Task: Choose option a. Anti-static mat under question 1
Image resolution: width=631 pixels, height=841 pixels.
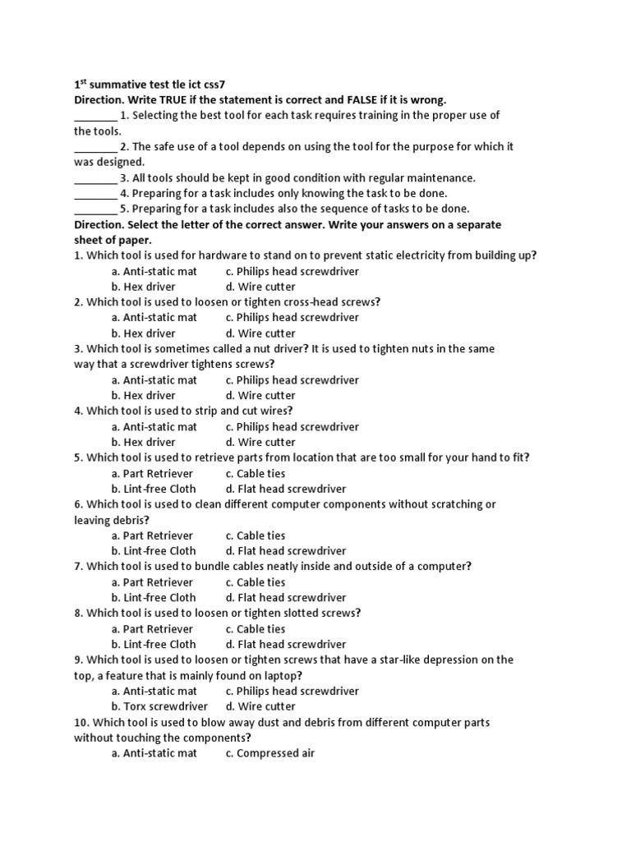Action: coord(154,272)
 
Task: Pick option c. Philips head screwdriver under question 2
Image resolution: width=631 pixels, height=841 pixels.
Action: coord(292,318)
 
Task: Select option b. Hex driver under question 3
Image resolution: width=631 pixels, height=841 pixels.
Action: coord(143,396)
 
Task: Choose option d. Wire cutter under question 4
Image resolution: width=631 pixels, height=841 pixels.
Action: coord(260,443)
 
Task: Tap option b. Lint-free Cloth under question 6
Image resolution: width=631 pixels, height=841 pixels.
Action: coord(154,551)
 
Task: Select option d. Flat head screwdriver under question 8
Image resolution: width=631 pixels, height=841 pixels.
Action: coord(286,645)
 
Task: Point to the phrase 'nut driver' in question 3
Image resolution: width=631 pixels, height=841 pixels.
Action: coord(255,349)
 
